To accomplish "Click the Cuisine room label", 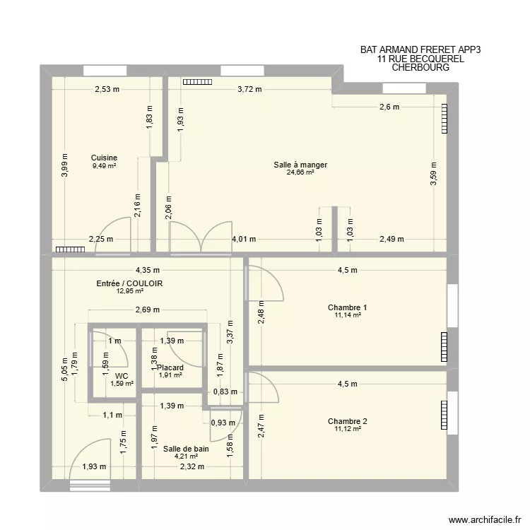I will tap(104, 158).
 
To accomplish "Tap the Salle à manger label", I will tap(300, 165).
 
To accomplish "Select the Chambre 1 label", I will tap(347, 307).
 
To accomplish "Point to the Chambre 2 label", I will tap(347, 421).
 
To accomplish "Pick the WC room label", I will tap(122, 376).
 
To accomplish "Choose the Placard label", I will tap(170, 367).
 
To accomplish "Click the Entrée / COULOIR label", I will tap(129, 283).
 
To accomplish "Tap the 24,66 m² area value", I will tap(300, 172).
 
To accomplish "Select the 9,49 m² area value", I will tap(104, 166).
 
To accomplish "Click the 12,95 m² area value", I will tap(129, 291).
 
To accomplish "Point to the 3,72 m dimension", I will tap(249, 89).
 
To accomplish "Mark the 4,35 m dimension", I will tap(148, 269).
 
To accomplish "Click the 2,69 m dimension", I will tap(147, 310).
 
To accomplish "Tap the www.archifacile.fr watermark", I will tap(483, 517).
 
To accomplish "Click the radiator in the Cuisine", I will tap(68, 249).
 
